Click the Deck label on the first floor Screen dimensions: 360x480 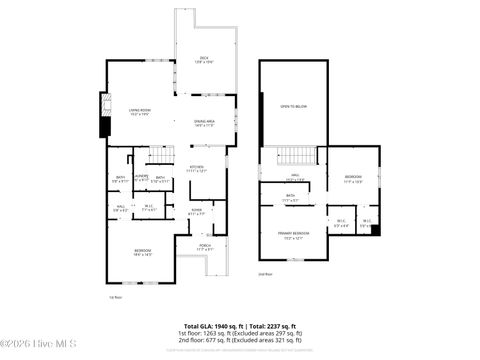tap(206, 59)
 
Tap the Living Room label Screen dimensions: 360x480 tap(139, 112)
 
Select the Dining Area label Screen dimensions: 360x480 tap(204, 122)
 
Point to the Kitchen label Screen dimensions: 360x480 tap(197, 168)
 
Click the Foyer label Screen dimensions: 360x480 tap(196, 211)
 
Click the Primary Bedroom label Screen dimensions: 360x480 tap(293, 235)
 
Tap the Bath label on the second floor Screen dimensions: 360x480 tap(291, 198)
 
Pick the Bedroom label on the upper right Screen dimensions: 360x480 tap(351, 179)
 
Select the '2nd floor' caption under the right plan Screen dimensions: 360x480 tap(265, 273)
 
